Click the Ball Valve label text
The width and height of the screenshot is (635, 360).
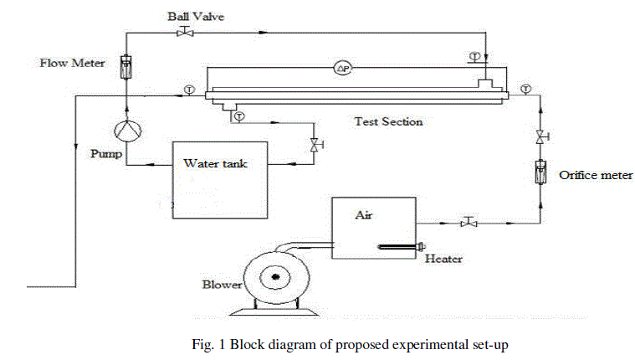pos(197,16)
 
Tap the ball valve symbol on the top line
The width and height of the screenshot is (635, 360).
pos(183,33)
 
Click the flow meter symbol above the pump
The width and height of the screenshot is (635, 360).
pos(126,65)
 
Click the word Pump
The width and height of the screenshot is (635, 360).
pos(106,155)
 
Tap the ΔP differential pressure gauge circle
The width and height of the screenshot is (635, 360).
pos(341,68)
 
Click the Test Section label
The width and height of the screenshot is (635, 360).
pos(388,121)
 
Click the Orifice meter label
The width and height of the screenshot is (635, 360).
pos(596,175)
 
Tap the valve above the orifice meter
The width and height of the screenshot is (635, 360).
pos(540,136)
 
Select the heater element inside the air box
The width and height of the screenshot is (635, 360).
pos(400,246)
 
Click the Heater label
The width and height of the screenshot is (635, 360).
pos(443,259)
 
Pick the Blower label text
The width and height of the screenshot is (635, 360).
pos(223,285)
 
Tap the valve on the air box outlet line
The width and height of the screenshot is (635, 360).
pos(469,223)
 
